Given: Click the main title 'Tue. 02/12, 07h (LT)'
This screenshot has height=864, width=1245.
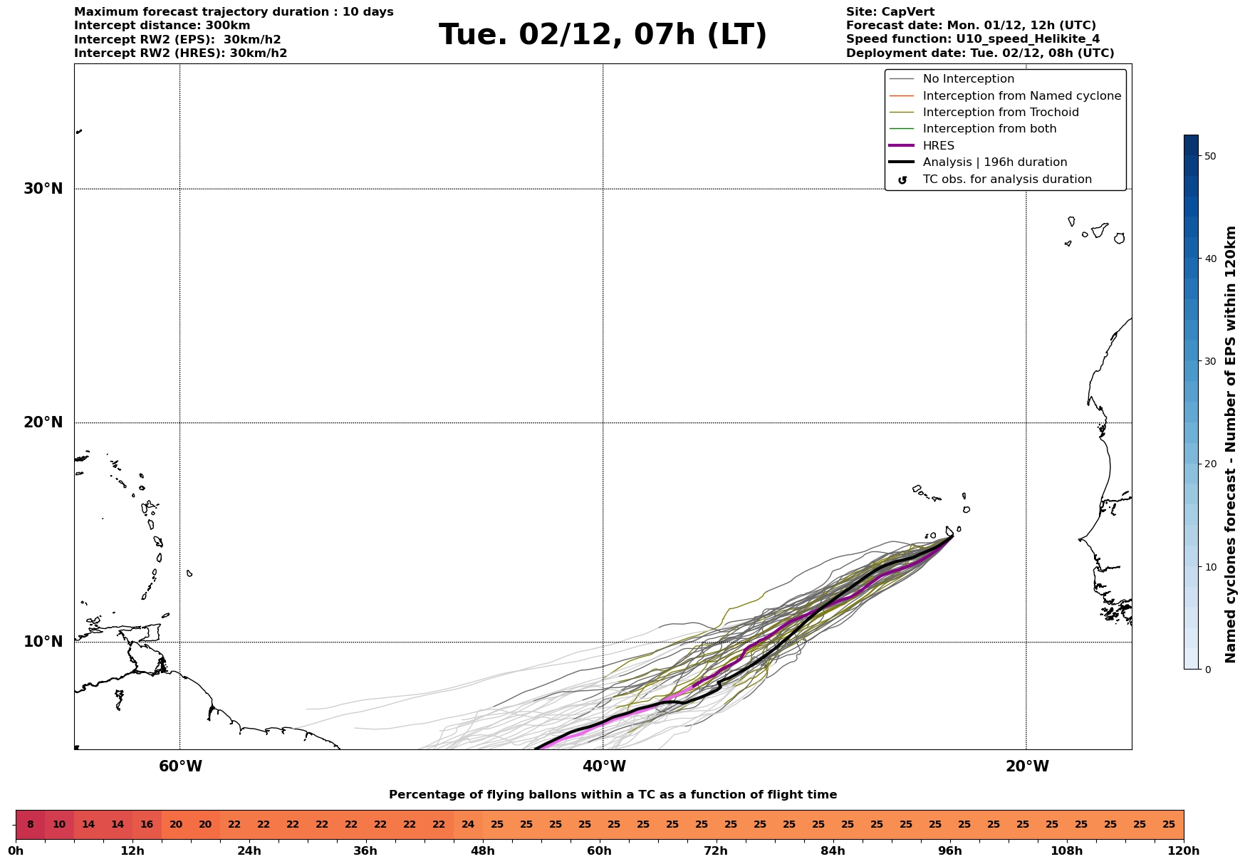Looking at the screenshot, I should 603,35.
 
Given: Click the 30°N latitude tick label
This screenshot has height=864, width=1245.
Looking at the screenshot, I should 43,189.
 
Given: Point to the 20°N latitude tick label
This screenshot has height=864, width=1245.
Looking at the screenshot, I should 43,422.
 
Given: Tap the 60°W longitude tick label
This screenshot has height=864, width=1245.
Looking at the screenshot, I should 180,766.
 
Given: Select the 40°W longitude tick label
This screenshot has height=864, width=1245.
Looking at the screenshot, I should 604,766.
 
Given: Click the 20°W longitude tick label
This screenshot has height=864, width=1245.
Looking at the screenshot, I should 1027,766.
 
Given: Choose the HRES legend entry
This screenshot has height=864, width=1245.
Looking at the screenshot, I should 938,146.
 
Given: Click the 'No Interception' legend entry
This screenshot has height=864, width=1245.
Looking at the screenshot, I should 968,79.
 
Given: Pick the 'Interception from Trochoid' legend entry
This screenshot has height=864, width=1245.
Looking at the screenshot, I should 1000,113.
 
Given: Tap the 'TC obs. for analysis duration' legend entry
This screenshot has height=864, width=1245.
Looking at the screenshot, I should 1006,179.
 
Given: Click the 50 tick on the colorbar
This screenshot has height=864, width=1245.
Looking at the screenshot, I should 1209,156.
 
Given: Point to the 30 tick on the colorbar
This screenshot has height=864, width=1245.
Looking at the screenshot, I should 1209,361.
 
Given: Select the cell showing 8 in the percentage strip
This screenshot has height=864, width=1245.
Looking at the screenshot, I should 30,825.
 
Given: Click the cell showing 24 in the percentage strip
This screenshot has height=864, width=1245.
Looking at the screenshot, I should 468,825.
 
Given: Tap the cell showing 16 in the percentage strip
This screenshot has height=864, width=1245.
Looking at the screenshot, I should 147,825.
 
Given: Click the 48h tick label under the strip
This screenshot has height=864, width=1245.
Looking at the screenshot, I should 482,851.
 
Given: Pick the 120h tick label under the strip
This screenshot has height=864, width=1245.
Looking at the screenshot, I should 1183,851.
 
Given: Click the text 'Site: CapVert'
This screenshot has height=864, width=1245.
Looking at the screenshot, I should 890,12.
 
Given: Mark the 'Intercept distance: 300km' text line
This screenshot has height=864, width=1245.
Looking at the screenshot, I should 162,26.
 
